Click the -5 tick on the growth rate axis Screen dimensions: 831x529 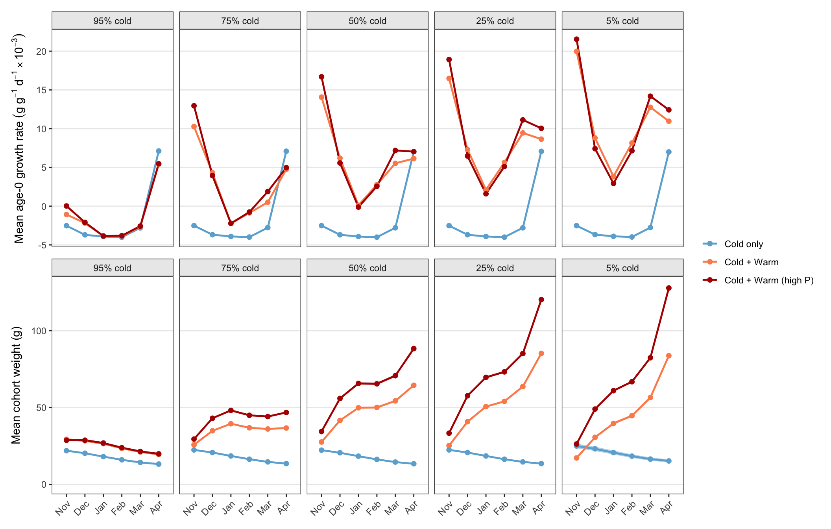pyautogui.click(x=42, y=245)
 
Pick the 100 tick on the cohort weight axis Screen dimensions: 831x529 pyautogui.click(x=39, y=331)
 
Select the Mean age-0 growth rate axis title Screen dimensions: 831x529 pyautogui.click(x=19, y=139)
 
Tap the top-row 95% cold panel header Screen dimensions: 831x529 pyautogui.click(x=113, y=21)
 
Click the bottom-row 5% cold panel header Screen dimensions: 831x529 pyautogui.click(x=622, y=268)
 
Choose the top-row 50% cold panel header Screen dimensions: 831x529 pyautogui.click(x=367, y=21)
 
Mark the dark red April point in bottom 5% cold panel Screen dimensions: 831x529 pyautogui.click(x=669, y=288)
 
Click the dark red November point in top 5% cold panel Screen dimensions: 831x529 pyautogui.click(x=576, y=39)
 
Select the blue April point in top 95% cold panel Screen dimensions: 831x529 pyautogui.click(x=159, y=151)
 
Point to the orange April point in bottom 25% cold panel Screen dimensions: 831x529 pyautogui.click(x=541, y=353)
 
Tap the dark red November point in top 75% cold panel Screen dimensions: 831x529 pyautogui.click(x=194, y=106)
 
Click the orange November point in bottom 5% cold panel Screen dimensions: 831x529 pyautogui.click(x=576, y=458)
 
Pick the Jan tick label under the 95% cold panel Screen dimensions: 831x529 pyautogui.click(x=101, y=508)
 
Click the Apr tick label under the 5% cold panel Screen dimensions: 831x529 pyautogui.click(x=667, y=508)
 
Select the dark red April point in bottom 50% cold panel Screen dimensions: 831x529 pyautogui.click(x=414, y=349)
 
